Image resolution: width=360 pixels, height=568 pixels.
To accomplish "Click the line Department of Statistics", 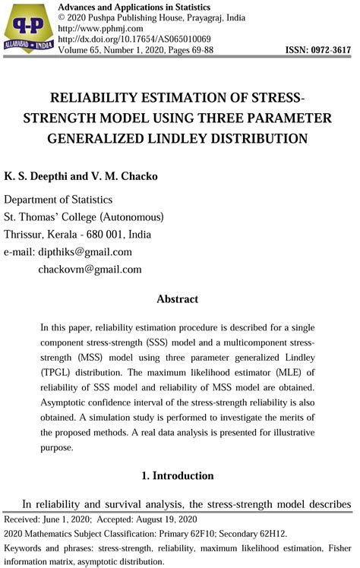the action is pyautogui.click(x=58, y=200).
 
